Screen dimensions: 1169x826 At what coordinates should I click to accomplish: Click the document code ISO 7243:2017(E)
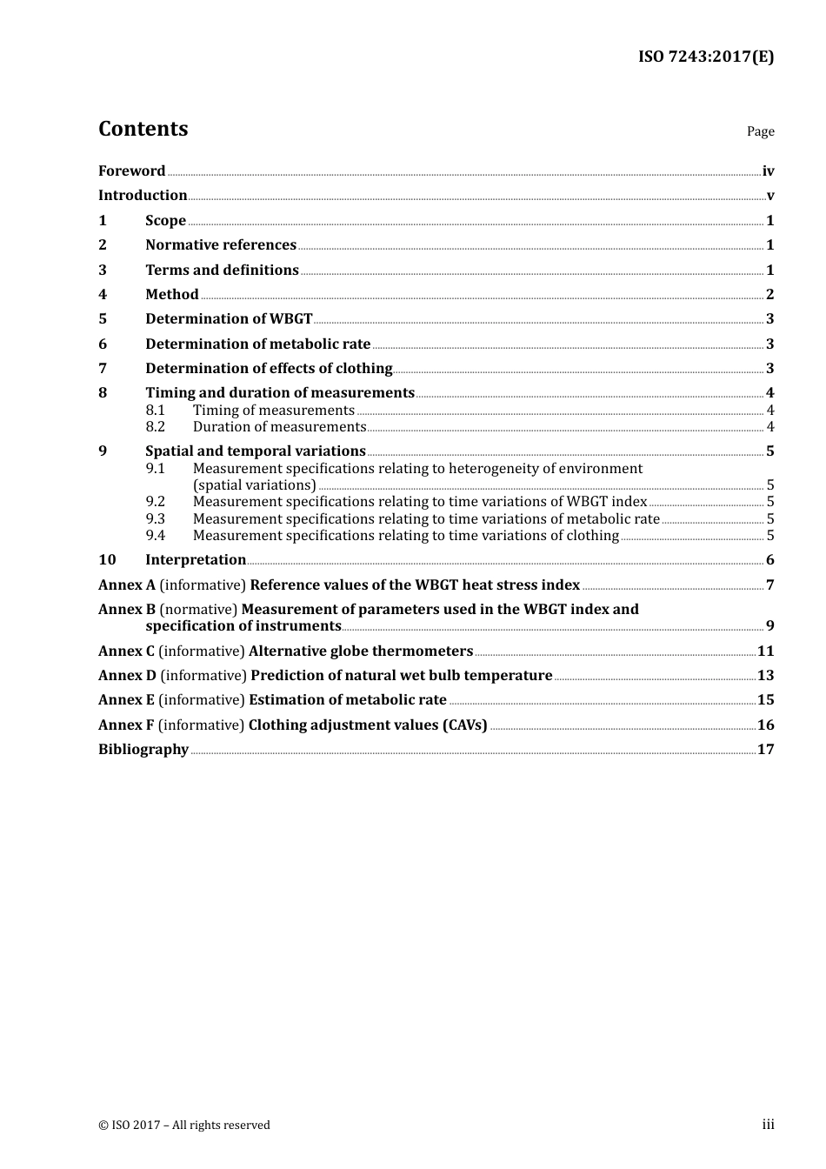point(705,57)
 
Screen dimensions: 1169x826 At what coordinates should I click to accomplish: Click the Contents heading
point(143,129)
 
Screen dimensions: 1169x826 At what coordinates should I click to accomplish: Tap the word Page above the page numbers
point(760,131)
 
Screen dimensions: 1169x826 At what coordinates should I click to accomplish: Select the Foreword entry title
point(131,171)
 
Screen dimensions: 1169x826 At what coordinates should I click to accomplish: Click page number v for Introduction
point(769,196)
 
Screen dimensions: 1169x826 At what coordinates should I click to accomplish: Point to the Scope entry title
point(165,221)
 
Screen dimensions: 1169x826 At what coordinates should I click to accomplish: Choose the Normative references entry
point(221,245)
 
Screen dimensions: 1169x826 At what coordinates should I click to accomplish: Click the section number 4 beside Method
point(103,295)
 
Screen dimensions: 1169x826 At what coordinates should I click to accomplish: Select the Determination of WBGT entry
point(229,319)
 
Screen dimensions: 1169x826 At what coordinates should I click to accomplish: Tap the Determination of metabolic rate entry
point(257,344)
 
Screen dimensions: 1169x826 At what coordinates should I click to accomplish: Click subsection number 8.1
point(155,411)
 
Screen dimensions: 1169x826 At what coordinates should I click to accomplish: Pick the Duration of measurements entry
point(279,427)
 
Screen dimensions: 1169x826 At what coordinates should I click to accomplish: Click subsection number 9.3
point(155,519)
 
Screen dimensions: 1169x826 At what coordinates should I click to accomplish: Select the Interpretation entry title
point(196,560)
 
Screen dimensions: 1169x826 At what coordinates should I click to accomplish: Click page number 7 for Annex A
point(769,585)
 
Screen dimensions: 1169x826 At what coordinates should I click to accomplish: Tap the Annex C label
point(126,651)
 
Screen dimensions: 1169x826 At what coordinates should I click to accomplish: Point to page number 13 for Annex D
point(765,676)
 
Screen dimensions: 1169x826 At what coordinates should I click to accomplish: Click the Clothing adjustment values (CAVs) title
point(368,725)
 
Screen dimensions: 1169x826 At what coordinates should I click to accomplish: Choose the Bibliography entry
point(143,750)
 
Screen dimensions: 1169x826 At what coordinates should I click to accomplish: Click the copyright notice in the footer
point(184,1126)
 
